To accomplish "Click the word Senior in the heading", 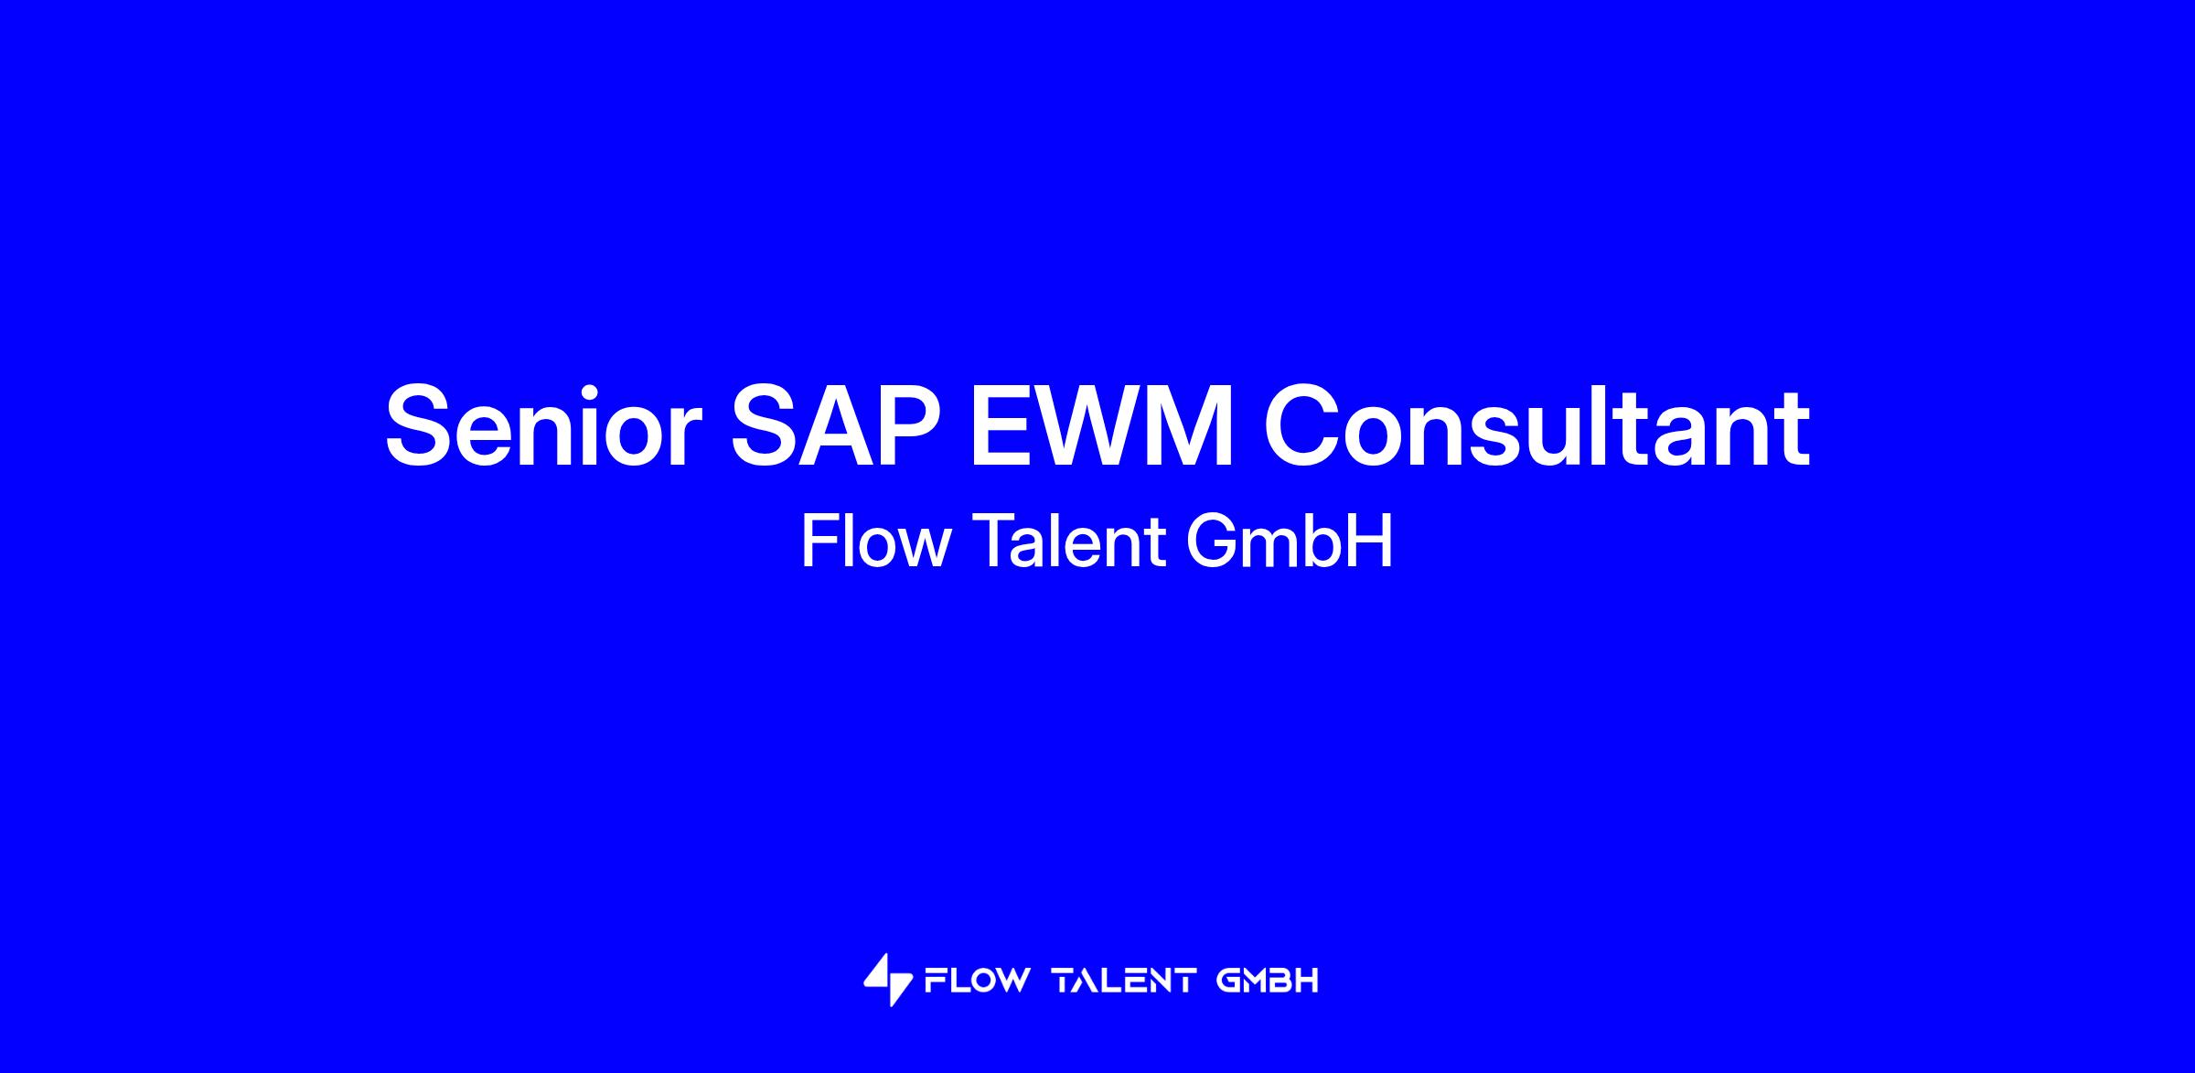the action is (543, 427).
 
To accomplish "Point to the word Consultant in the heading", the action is (1536, 427).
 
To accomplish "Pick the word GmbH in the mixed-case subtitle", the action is (1289, 541).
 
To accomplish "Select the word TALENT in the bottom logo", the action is (1125, 982).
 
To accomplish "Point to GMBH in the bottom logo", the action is (1268, 982).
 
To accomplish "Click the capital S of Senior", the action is (420, 427).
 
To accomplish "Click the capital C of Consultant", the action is (1302, 427).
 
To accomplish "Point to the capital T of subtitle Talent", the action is (991, 541).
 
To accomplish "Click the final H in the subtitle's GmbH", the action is (1372, 541).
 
